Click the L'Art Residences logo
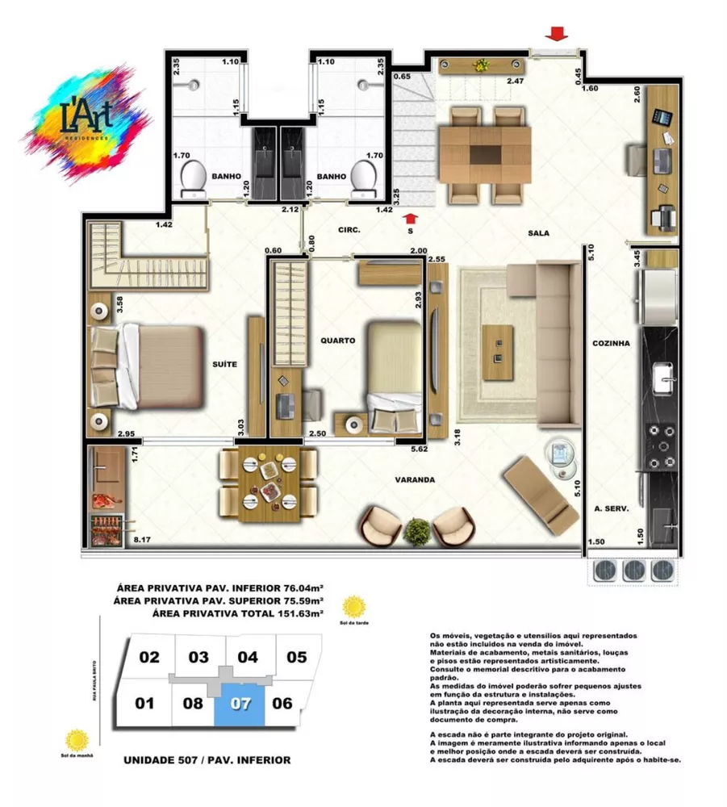pyautogui.click(x=87, y=122)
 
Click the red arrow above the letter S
pyautogui.click(x=411, y=216)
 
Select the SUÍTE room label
pyautogui.click(x=225, y=365)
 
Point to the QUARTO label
pyautogui.click(x=337, y=341)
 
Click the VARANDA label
pyautogui.click(x=415, y=479)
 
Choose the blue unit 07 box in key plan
pyautogui.click(x=240, y=703)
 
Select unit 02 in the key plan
pyautogui.click(x=149, y=657)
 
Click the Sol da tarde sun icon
pyautogui.click(x=353, y=606)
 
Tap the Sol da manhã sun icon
pyautogui.click(x=77, y=740)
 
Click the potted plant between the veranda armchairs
pyautogui.click(x=417, y=531)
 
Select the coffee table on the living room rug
pyautogui.click(x=498, y=352)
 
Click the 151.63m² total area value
pyautogui.click(x=295, y=613)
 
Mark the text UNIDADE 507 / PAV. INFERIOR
pyautogui.click(x=207, y=760)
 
